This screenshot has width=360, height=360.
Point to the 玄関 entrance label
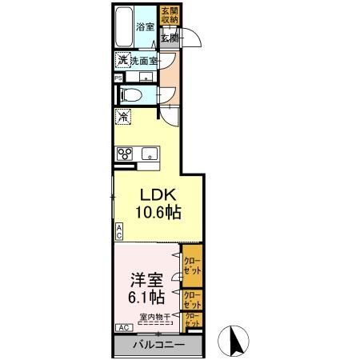point(169,38)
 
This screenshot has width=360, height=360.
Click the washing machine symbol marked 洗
point(123,61)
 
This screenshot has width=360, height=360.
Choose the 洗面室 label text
point(144,61)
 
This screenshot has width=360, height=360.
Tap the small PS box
point(118,78)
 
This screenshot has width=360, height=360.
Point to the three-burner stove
point(125,154)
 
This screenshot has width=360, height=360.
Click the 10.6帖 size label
point(158,214)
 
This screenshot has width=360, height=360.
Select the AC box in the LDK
point(118,232)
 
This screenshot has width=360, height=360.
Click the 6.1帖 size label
point(146,298)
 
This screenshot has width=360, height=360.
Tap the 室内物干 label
point(154,317)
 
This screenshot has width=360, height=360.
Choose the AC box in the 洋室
point(124,328)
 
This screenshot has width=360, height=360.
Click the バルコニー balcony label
point(157,345)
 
